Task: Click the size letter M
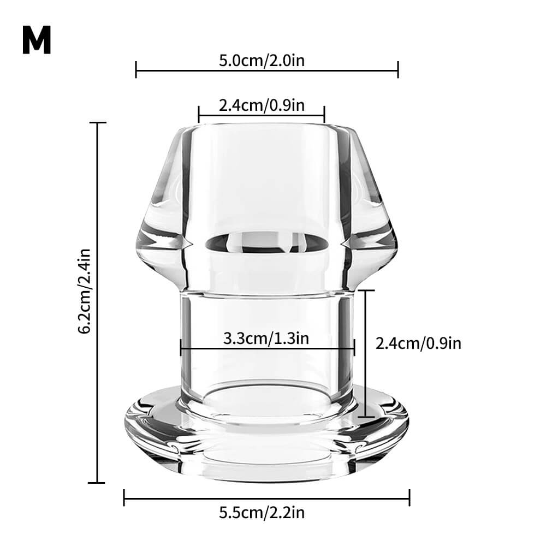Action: click(37, 40)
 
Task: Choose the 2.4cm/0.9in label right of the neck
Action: click(418, 343)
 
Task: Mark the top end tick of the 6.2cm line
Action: click(97, 123)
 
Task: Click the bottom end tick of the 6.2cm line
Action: click(97, 482)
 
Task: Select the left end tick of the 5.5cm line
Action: click(124, 497)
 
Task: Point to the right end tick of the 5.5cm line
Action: click(410, 497)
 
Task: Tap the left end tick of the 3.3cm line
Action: click(181, 348)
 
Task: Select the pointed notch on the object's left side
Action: click(188, 241)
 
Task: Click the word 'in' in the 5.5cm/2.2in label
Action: click(298, 513)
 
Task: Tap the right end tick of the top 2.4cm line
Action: click(324, 115)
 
